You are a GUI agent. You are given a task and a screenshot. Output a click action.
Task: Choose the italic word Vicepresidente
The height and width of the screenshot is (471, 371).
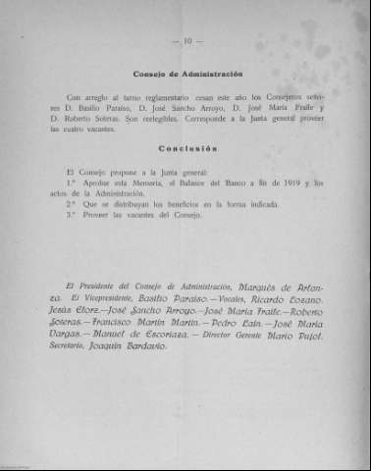click(121, 295)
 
